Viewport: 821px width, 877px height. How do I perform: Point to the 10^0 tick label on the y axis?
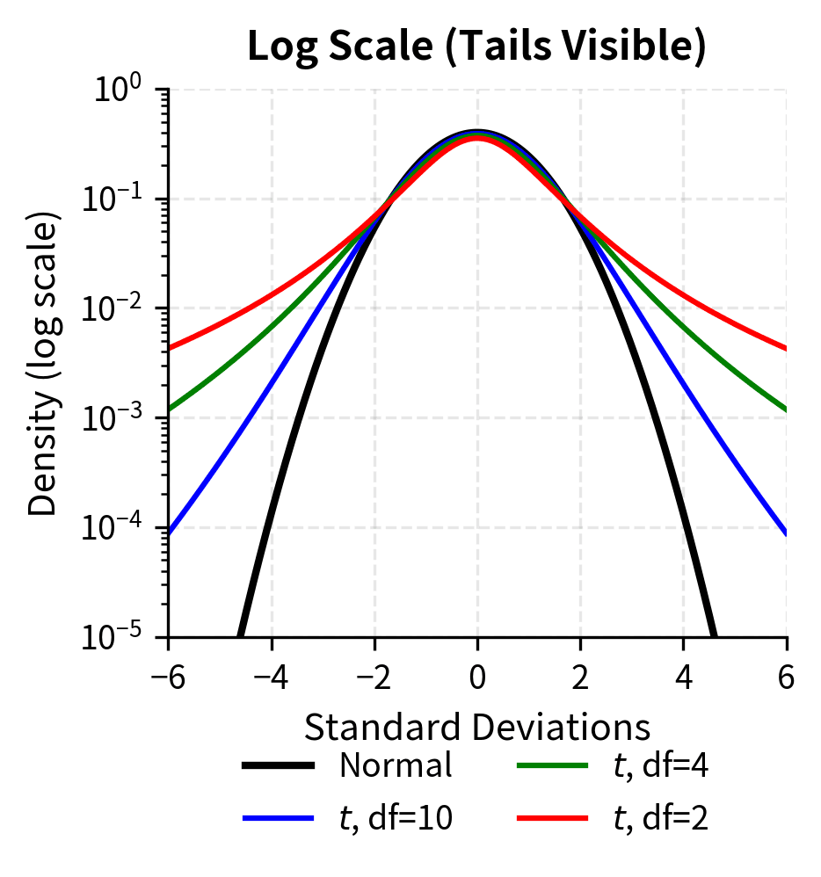[120, 91]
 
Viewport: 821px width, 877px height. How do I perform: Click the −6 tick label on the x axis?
[167, 678]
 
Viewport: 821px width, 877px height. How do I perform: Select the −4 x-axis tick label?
[271, 678]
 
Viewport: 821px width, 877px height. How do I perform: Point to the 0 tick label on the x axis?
[477, 678]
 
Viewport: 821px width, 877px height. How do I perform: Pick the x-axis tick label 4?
[684, 678]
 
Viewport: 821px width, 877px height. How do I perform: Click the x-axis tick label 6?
[787, 678]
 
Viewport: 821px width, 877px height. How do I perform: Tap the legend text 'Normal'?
[396, 766]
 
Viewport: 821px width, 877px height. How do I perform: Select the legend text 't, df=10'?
[396, 818]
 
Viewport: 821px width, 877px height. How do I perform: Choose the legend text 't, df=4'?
[660, 766]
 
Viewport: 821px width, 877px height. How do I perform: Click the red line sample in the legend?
[551, 818]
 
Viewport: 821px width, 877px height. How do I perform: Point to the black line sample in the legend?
[279, 766]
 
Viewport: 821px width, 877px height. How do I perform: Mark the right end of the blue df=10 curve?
[786, 533]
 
